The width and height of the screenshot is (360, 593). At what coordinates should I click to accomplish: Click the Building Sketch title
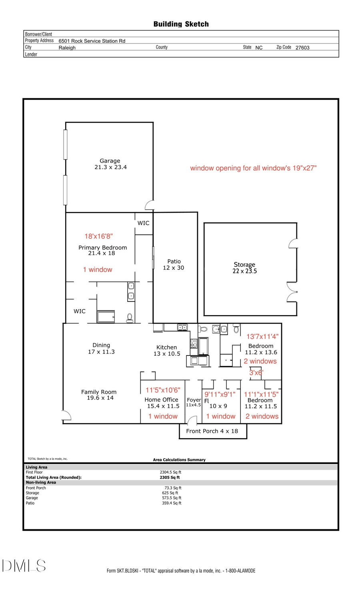point(181,24)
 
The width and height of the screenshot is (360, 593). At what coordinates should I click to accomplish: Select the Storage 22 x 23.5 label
point(244,268)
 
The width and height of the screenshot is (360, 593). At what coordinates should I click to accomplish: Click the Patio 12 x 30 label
point(174,264)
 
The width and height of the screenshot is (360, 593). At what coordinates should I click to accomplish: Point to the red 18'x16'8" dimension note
point(98,236)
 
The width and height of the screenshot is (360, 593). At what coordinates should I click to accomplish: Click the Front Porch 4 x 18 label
point(212,431)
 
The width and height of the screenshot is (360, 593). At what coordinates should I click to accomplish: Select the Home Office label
point(162,400)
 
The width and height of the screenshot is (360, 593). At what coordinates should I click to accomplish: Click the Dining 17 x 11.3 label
point(101,348)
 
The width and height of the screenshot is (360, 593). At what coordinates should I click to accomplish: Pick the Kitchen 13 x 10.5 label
point(167,350)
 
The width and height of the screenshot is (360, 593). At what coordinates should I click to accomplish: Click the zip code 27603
point(302,48)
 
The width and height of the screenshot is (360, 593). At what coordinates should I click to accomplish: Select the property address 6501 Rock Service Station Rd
point(92,41)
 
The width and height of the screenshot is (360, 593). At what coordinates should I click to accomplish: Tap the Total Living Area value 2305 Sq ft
point(170,477)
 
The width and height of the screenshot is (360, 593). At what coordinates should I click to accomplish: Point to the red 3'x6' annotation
point(256,373)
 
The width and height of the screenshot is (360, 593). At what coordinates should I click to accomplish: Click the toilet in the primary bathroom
point(130,318)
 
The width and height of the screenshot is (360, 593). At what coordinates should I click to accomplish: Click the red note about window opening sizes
point(253,168)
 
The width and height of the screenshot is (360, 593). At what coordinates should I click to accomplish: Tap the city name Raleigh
point(67,48)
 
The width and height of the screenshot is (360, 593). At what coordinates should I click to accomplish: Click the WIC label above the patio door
point(143,223)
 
